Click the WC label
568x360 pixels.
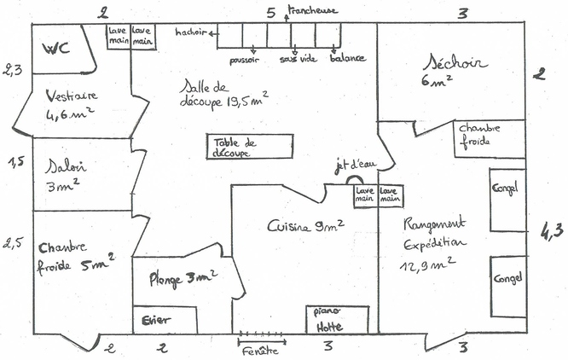point(56,47)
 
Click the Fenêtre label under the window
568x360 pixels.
point(261,350)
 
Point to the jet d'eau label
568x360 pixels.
point(351,166)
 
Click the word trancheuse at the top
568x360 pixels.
point(313,10)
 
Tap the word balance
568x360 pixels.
point(347,59)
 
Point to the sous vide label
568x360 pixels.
point(298,60)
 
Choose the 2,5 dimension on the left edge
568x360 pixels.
point(13,242)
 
